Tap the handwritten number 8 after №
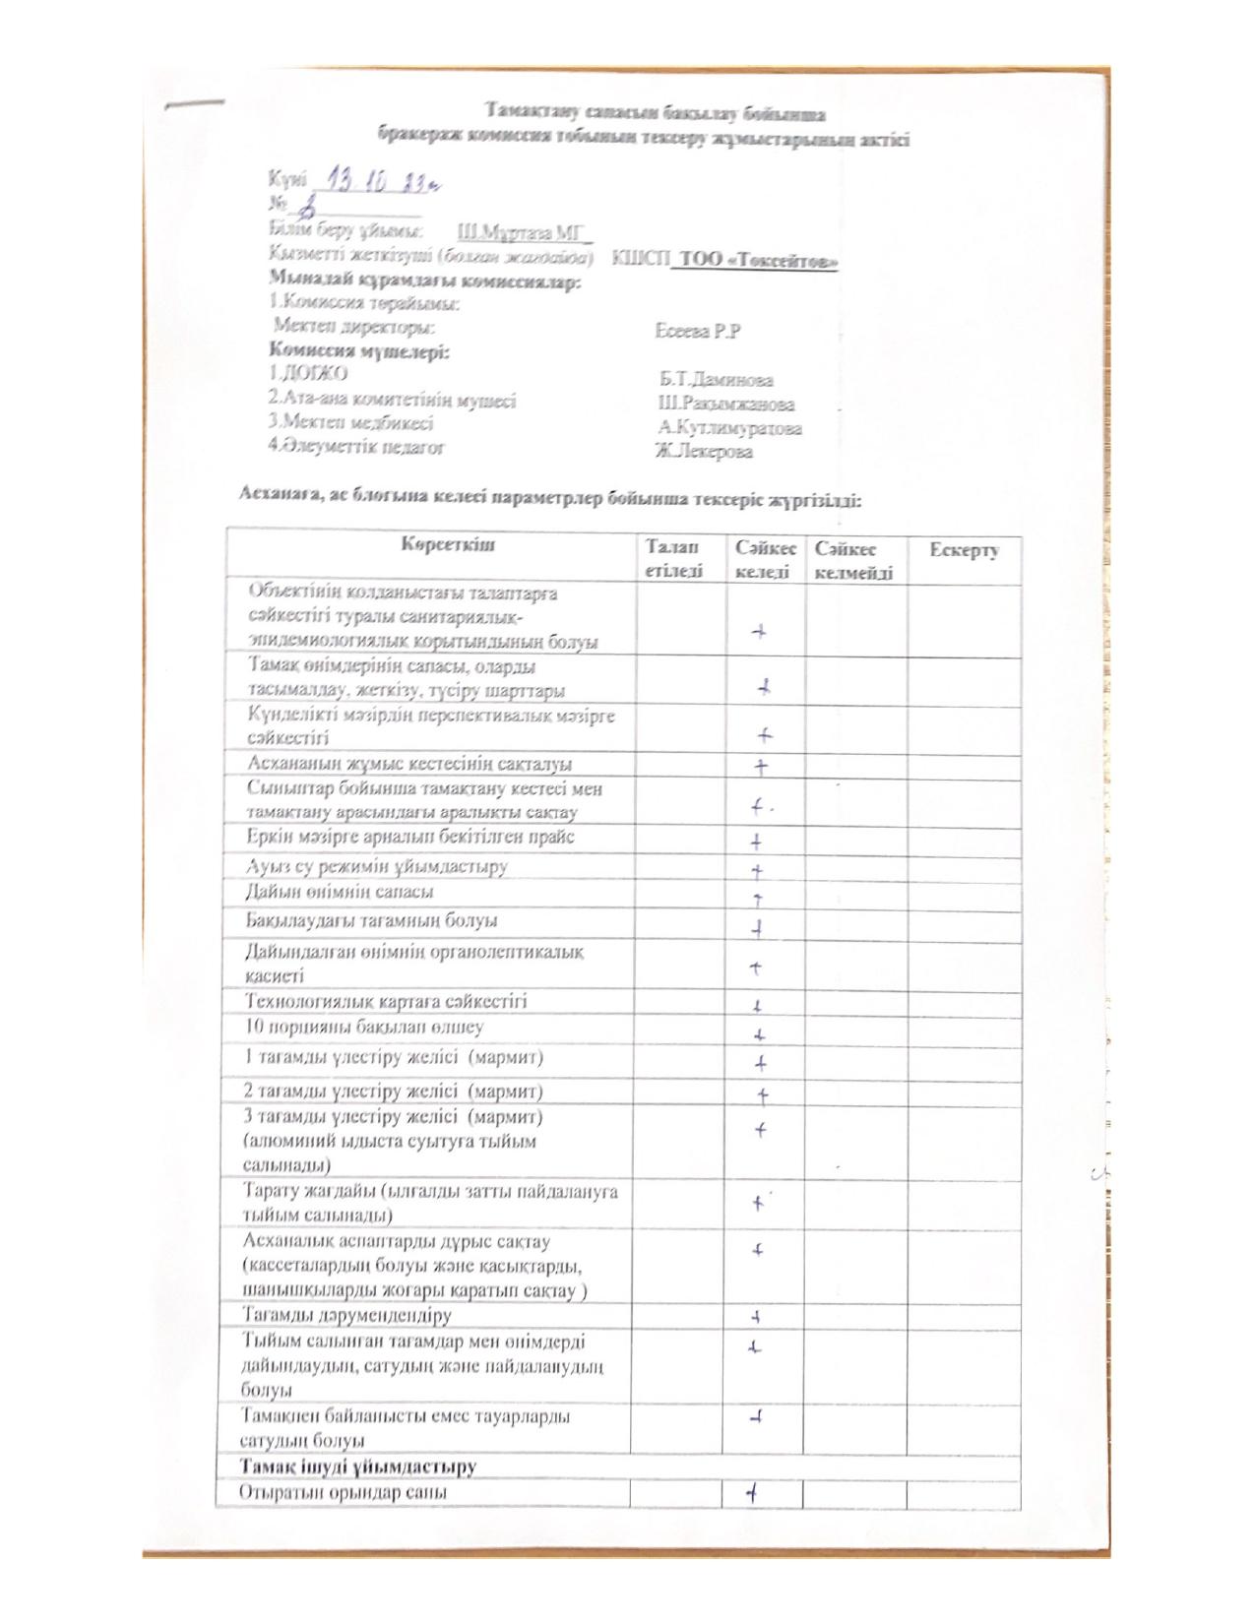[x=307, y=208]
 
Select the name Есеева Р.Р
[x=697, y=332]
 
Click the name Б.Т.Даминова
[x=717, y=380]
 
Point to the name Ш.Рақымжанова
[x=726, y=404]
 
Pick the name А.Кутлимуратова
[x=730, y=428]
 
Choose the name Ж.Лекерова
[x=705, y=452]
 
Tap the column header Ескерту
[x=965, y=550]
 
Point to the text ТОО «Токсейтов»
[x=755, y=262]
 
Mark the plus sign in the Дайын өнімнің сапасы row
[x=758, y=899]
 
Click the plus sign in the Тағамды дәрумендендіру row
[x=757, y=1316]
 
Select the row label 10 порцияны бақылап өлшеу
[x=364, y=1028]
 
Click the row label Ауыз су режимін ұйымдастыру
[x=376, y=867]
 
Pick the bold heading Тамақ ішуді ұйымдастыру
[x=358, y=1467]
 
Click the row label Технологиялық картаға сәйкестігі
[x=386, y=1002]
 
